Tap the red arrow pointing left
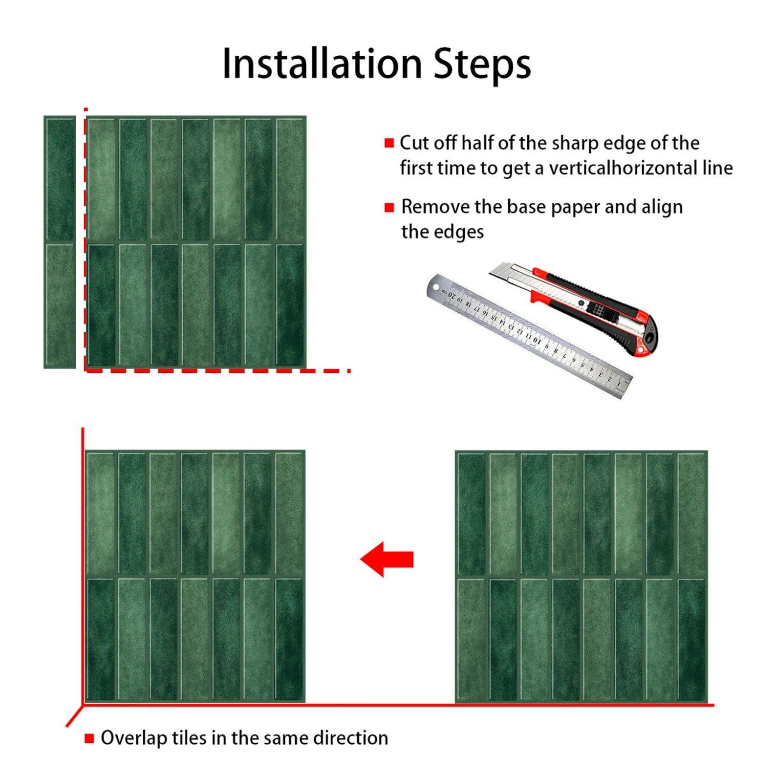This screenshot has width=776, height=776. pyautogui.click(x=387, y=559)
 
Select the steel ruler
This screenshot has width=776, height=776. pyautogui.click(x=529, y=336)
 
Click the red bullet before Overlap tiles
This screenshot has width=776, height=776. pyautogui.click(x=89, y=738)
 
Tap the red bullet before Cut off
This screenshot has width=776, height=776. pyautogui.click(x=389, y=143)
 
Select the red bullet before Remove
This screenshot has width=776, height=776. pyautogui.click(x=389, y=207)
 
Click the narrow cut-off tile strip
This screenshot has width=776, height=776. pyautogui.click(x=60, y=242)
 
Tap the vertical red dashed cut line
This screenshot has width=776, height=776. pyautogui.click(x=86, y=239)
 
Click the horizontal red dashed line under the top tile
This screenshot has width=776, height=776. pyautogui.click(x=217, y=370)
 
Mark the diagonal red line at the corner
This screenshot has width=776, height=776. pyautogui.click(x=74, y=716)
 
